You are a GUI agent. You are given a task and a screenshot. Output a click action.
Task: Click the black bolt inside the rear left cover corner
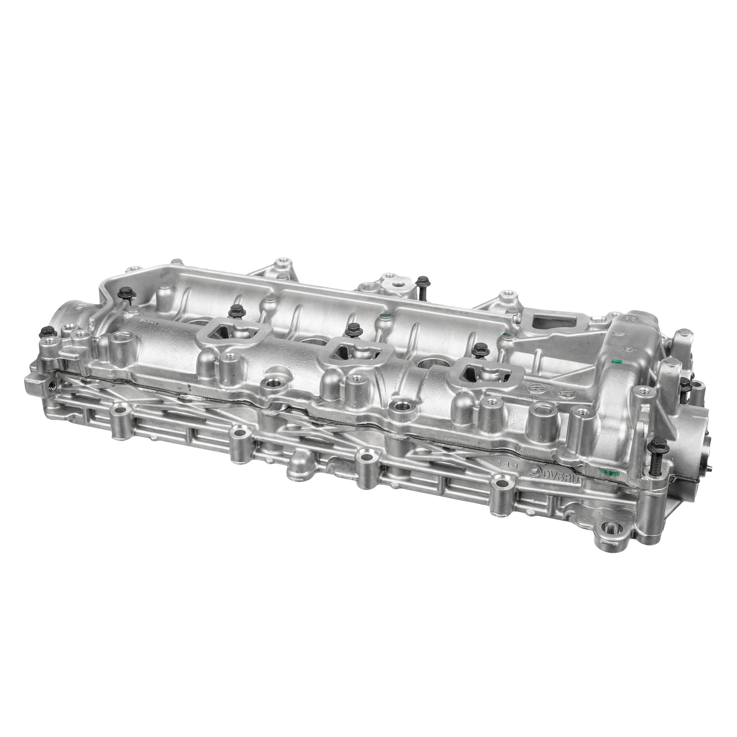[124, 294]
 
